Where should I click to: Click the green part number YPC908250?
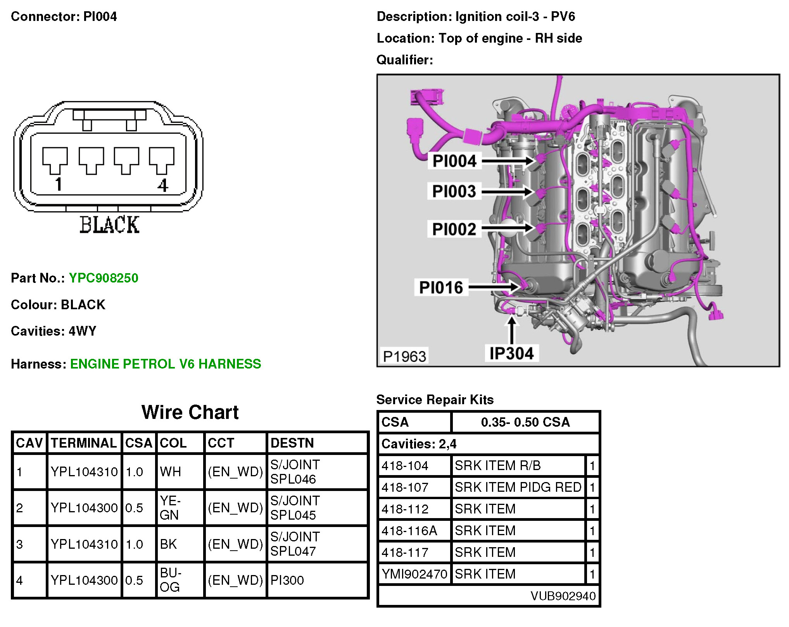coord(104,278)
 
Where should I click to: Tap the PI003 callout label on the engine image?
coord(454,191)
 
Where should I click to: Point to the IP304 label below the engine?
coord(511,353)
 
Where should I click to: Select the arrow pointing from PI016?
coord(494,287)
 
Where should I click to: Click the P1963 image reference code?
coord(404,356)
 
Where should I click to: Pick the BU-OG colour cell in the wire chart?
coord(171,580)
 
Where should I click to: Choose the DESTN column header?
coord(292,443)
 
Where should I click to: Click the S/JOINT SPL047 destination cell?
coord(295,544)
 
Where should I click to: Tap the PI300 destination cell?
coord(287,580)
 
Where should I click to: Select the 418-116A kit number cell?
coord(409,531)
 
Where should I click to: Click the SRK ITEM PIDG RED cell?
coord(518,487)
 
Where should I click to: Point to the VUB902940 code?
coord(563,596)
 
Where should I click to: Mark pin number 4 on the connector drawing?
coord(163,185)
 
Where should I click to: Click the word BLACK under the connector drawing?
coord(109,225)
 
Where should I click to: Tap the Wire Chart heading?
coord(190,412)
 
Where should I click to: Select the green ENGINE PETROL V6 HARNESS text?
coord(166,364)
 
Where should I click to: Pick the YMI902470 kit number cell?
coord(414,574)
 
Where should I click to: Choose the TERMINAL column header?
coord(84,443)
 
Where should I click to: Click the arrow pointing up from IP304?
coord(512,329)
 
